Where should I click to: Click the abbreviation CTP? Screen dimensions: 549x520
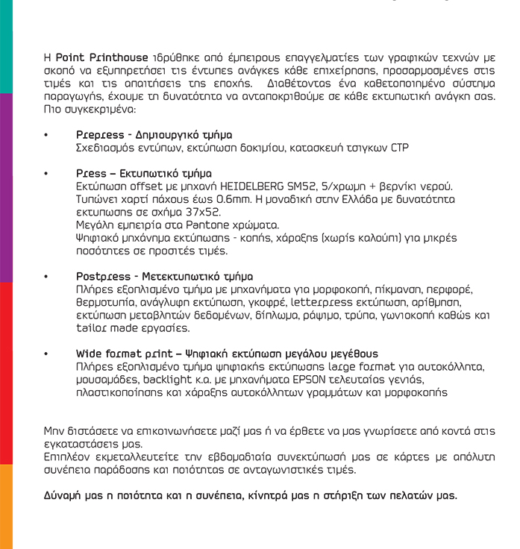[399, 148]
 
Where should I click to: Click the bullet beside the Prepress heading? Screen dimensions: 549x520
[46, 135]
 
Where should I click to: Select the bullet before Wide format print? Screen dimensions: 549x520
[46, 354]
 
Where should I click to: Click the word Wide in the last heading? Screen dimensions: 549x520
[90, 354]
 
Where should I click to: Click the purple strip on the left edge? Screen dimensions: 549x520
[6, 186]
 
